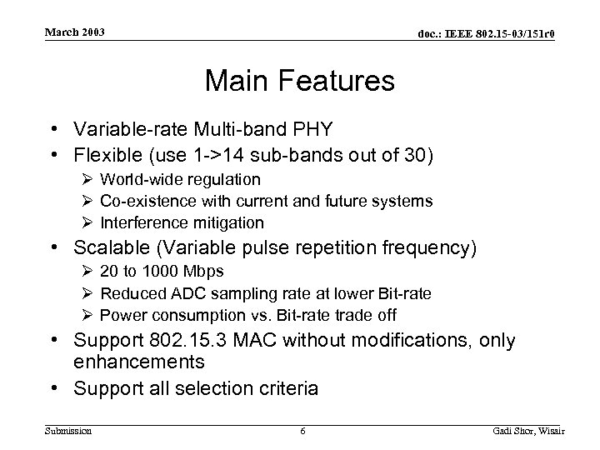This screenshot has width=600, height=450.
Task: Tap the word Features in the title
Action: pyautogui.click(x=340, y=81)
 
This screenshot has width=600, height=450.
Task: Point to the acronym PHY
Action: pyautogui.click(x=315, y=129)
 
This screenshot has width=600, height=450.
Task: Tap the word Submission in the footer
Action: pyautogui.click(x=67, y=430)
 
